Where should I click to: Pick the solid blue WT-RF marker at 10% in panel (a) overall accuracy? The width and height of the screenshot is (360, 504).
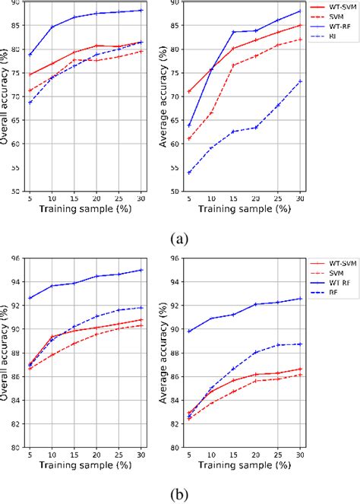(52, 27)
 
